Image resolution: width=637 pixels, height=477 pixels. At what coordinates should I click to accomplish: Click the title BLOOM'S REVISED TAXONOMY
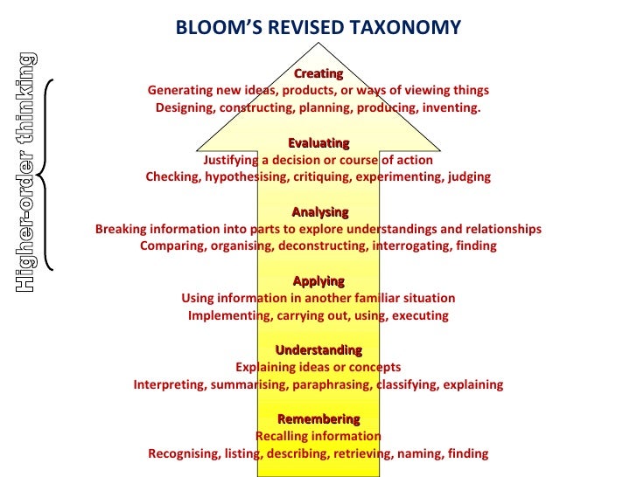[318, 27]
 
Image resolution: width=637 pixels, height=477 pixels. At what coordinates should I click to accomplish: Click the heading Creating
[318, 73]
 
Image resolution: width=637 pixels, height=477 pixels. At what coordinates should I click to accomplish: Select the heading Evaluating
[318, 143]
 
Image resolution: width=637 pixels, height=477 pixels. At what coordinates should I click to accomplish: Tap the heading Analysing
[319, 212]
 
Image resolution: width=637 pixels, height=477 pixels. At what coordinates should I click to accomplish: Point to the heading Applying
[318, 281]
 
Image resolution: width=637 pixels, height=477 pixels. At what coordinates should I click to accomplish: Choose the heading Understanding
[318, 350]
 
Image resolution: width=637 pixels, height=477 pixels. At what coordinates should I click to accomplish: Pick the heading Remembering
[318, 419]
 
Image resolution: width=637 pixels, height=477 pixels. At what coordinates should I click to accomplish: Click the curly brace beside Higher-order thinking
[50, 175]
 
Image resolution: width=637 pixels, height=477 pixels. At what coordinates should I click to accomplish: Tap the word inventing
[451, 107]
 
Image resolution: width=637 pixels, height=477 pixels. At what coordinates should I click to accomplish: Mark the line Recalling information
[318, 436]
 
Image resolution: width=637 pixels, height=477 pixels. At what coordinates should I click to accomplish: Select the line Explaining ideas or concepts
[318, 367]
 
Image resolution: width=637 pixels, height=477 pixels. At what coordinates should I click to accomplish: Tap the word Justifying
[234, 160]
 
